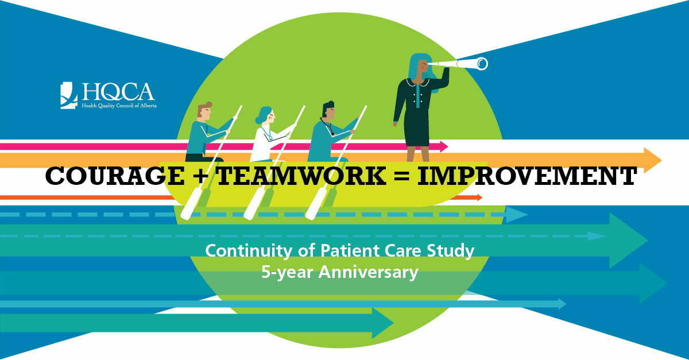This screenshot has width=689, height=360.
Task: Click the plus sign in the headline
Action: point(200,177)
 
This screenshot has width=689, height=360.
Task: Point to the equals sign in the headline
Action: point(402,177)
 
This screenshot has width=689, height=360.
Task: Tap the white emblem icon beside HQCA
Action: point(68,95)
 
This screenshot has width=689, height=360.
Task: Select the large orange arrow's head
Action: point(652,160)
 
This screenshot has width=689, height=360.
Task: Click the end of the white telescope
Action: point(482,64)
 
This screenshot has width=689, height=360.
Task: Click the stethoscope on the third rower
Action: point(327,126)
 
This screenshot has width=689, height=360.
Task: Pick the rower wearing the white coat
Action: point(270,134)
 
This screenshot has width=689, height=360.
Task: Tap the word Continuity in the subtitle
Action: point(249,251)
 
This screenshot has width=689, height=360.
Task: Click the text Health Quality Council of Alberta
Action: point(119,106)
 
